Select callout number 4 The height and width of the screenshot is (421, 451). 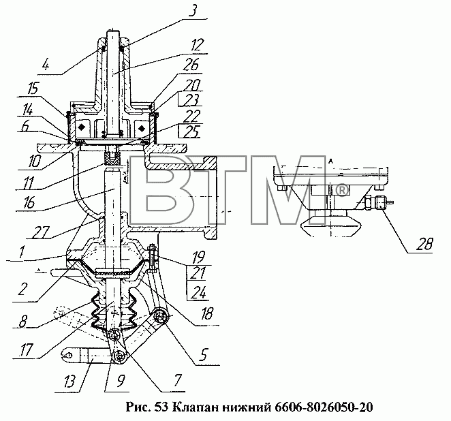coord(46,65)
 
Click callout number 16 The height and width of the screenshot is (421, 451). coord(28,203)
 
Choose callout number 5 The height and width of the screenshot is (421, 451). coord(202,355)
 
